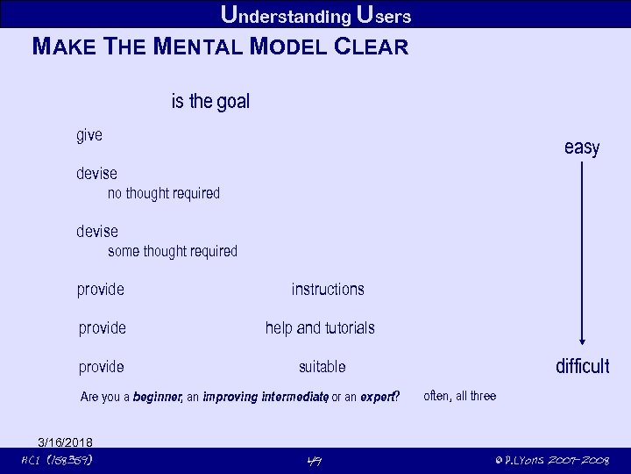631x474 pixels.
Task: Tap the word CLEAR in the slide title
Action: click(372, 47)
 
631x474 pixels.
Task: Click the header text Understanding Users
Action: click(315, 15)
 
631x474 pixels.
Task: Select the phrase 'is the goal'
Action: click(210, 102)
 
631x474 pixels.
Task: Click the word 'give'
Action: click(89, 135)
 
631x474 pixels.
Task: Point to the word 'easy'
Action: click(581, 147)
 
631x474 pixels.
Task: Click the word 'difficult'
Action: click(582, 366)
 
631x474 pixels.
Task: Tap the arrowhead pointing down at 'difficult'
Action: click(581, 344)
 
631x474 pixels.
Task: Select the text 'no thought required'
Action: click(164, 193)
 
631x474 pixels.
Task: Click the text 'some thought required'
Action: click(173, 251)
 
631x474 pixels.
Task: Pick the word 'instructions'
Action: click(328, 289)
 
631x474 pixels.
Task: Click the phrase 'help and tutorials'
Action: click(320, 327)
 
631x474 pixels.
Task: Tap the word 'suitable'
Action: click(322, 366)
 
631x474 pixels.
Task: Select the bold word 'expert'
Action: click(378, 397)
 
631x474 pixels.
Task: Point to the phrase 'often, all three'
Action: click(459, 396)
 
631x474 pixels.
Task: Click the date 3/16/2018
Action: click(65, 442)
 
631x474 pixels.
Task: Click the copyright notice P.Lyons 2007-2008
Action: click(551, 460)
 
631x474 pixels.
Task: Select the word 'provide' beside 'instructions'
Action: click(101, 289)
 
